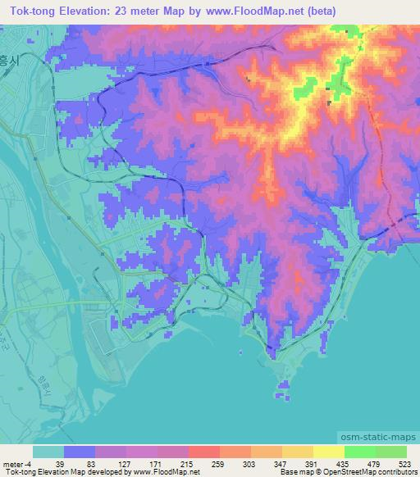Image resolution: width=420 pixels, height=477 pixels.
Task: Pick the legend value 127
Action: coord(125,465)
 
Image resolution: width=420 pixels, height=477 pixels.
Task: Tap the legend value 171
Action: coord(156,465)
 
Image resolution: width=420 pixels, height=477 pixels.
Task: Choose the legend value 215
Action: coord(187,465)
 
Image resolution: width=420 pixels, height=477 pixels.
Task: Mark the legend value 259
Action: coord(218,465)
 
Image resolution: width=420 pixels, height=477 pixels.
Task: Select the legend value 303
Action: coord(249,465)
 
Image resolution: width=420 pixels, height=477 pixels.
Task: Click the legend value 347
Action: coord(281,465)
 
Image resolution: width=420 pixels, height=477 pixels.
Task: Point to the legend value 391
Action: coord(312,465)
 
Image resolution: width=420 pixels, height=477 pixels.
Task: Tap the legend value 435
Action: coord(343,465)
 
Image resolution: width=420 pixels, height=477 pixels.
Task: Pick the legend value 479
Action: coord(374,465)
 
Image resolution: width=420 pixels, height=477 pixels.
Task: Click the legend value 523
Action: coord(405,465)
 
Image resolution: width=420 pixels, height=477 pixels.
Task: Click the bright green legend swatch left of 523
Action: coord(390,452)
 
